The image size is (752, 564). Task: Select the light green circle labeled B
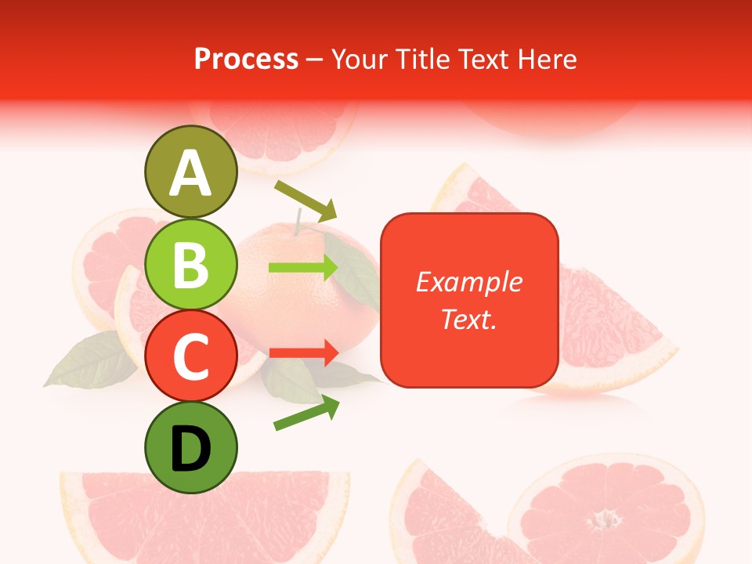point(191,264)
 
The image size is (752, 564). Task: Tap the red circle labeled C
point(191,356)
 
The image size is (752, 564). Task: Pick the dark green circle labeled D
point(191,447)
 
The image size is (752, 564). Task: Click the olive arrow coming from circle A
point(305,200)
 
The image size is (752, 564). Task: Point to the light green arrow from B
point(303,268)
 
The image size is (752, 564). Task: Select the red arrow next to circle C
point(303,352)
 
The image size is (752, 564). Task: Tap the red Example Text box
point(469,300)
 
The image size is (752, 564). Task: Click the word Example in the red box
point(468,282)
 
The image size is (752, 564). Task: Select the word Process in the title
point(246,59)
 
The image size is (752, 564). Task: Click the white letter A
point(191,173)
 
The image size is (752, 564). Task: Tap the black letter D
point(191,449)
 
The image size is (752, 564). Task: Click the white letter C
point(191,357)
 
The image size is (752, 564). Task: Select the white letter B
point(191,266)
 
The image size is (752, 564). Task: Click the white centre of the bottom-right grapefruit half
point(604,518)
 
